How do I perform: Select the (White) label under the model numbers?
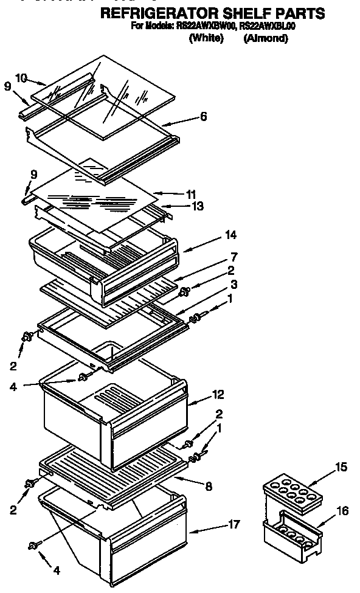207,38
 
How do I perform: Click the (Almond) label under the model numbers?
265,38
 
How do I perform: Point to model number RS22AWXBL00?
268,27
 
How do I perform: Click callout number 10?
21,78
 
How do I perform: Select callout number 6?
204,117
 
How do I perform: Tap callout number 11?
191,195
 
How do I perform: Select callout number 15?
342,467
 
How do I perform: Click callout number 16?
343,511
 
